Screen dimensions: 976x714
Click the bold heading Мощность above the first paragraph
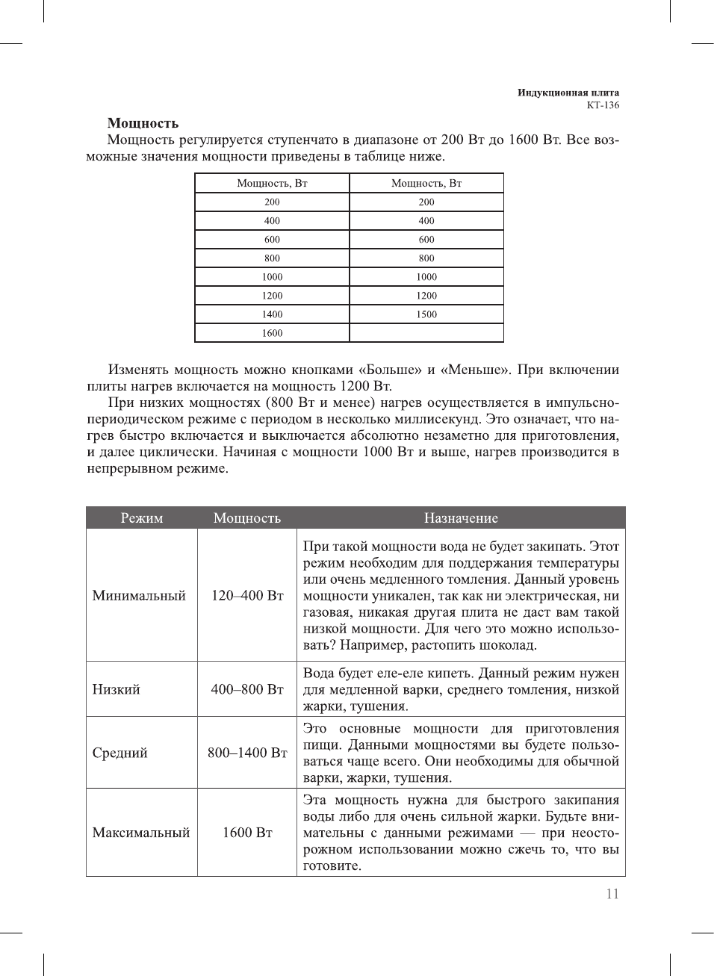143,123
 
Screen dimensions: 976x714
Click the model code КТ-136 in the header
603,105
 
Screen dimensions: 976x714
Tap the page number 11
612,894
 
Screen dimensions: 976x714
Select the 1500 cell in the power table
426,314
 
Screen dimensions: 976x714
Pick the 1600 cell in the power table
272,333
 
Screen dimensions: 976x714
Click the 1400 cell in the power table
272,314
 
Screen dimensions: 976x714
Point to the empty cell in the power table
426,333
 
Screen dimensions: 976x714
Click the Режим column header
142,518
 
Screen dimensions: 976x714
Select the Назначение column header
461,518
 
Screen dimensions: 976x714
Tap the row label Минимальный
139,596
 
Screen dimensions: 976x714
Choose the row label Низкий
116,689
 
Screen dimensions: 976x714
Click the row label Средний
119,753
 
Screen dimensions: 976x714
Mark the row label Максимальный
141,833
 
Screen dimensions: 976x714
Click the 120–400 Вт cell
247,596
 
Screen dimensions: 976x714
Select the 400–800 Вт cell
247,689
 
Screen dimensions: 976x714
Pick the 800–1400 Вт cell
247,753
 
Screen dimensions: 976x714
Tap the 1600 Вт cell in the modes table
247,833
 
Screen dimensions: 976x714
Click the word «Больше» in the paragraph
389,370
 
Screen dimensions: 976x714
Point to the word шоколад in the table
503,645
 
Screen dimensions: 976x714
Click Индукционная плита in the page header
568,93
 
